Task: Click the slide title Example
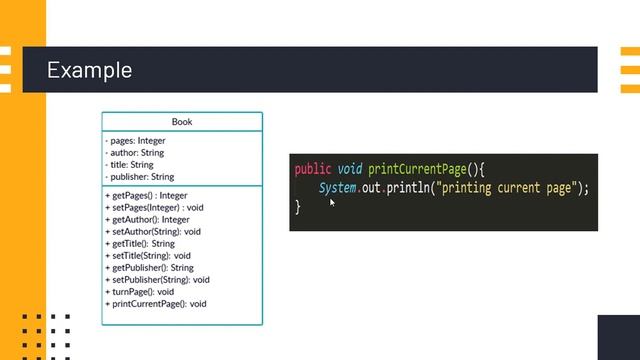click(89, 70)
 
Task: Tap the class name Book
click(182, 122)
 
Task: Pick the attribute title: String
click(130, 165)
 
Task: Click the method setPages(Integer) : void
click(154, 208)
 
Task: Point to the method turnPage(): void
click(139, 292)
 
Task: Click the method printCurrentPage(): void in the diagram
click(156, 304)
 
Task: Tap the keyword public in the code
click(312, 169)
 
